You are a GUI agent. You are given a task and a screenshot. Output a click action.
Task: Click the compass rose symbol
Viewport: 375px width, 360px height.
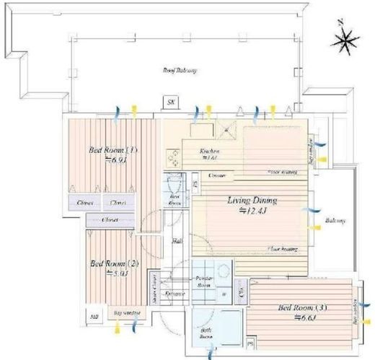pyautogui.click(x=343, y=41)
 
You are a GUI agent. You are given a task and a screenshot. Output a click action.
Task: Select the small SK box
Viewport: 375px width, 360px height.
pyautogui.click(x=170, y=102)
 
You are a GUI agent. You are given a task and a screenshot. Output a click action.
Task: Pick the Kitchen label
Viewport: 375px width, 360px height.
pyautogui.click(x=209, y=151)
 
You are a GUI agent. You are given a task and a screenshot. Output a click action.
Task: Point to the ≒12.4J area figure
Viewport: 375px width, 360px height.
pyautogui.click(x=253, y=211)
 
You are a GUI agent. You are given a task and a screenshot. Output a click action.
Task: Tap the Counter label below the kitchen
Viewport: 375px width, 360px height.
pyautogui.click(x=216, y=175)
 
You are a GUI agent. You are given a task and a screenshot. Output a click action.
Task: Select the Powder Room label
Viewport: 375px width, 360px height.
pyautogui.click(x=203, y=281)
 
